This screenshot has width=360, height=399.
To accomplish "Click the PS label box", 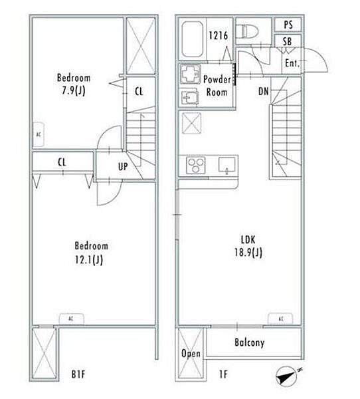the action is (x=288, y=25).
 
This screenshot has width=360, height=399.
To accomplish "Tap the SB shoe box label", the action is (x=288, y=41).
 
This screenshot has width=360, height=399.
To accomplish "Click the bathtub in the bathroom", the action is (x=193, y=39).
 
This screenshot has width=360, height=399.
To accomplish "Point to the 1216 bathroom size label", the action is (x=218, y=36).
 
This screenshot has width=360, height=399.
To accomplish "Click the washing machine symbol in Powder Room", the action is (x=190, y=74).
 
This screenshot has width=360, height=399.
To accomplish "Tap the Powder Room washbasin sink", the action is (x=190, y=96).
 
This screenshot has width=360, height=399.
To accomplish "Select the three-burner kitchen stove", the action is (x=195, y=165).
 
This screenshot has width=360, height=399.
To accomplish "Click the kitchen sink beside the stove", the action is (x=227, y=165).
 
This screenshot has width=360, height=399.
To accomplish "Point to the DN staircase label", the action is (x=264, y=91).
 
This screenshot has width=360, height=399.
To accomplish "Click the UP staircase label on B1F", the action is (x=123, y=167).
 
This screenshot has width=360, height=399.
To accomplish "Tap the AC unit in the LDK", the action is (x=281, y=319).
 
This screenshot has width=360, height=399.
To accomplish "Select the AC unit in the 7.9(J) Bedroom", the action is (x=39, y=134).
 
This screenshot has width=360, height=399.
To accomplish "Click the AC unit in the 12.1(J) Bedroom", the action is (x=72, y=319).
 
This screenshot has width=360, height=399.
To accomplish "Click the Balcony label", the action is (x=249, y=342).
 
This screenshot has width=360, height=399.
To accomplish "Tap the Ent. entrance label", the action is (x=292, y=63).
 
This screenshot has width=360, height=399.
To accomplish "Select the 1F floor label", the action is (x=223, y=374).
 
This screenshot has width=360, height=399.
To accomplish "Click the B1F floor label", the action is (x=78, y=374).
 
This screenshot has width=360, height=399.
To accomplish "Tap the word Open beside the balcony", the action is (x=191, y=354).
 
